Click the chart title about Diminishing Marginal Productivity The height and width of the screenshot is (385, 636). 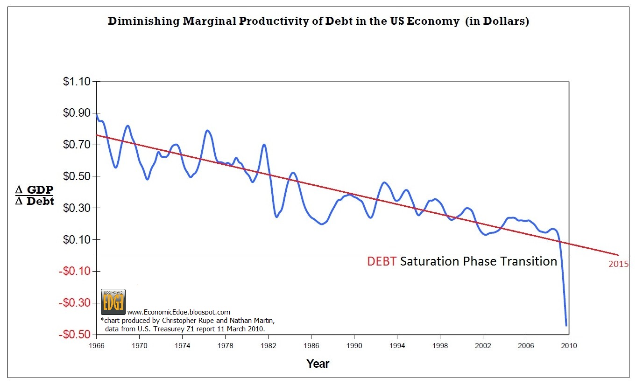coord(318,21)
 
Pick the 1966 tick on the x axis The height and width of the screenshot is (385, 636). coord(97,346)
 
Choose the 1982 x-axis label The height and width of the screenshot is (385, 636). coord(268,346)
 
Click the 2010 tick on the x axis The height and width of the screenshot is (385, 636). coord(568,346)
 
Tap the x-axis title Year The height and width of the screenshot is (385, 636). coord(318,364)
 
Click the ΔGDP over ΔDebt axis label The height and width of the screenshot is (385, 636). coord(35,196)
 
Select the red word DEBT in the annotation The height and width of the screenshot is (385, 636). coord(382,261)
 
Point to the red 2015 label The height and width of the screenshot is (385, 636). coord(618,264)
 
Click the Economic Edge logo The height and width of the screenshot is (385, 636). coord(113,301)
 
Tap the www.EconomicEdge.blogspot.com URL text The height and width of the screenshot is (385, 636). coord(178,312)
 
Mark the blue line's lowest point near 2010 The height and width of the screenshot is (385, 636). coord(566,326)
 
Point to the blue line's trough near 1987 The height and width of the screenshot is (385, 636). coord(322,224)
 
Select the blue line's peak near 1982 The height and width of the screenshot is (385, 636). coord(264,144)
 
